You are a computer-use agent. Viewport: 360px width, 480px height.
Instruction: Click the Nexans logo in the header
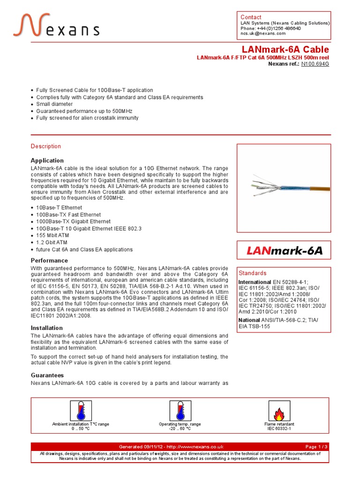[56, 25]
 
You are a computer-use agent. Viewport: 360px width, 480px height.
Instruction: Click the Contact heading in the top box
[251, 17]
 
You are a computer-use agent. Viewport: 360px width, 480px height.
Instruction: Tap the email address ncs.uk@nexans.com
[264, 34]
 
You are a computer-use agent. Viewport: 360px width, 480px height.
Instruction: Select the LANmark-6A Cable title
[285, 50]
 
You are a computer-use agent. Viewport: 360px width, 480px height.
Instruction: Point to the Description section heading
[46, 146]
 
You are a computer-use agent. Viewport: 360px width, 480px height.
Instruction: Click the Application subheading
[47, 160]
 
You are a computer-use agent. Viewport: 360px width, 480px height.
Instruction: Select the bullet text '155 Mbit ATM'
[52, 235]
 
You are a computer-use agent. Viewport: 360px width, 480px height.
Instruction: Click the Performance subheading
[49, 261]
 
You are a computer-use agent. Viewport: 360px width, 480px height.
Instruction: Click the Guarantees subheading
[47, 375]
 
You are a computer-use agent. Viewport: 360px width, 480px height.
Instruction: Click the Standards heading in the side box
[253, 273]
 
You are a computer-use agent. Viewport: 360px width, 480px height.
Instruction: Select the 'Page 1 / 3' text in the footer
[316, 447]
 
